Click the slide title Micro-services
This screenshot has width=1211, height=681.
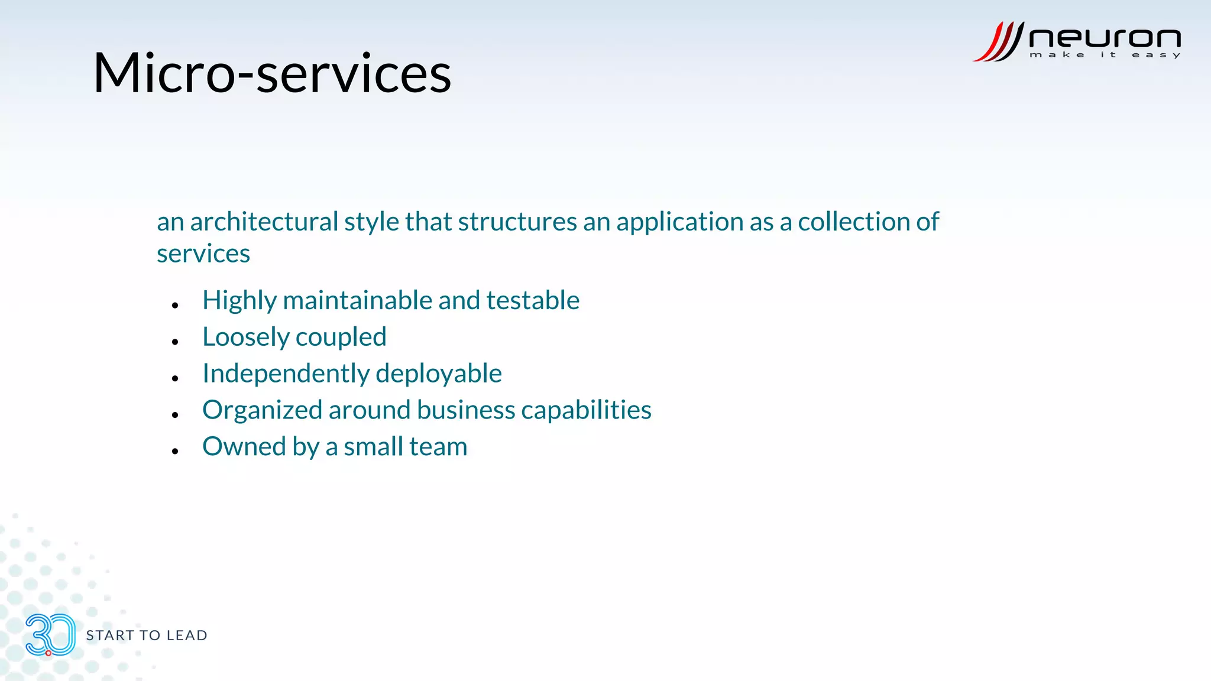[272, 73]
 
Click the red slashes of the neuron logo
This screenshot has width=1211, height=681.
[999, 42]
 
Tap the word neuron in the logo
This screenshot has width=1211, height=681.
[1105, 38]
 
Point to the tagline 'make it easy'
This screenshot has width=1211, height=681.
[1105, 55]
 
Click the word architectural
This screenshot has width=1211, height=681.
[264, 222]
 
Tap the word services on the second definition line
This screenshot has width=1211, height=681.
[203, 254]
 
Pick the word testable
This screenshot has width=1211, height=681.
[532, 300]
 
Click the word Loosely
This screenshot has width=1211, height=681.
[245, 338]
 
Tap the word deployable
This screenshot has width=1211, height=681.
[438, 374]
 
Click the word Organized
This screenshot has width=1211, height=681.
[262, 410]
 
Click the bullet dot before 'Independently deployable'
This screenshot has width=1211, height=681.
[175, 378]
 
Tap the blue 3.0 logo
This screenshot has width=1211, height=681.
[50, 635]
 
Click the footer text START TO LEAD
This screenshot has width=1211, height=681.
[147, 635]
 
